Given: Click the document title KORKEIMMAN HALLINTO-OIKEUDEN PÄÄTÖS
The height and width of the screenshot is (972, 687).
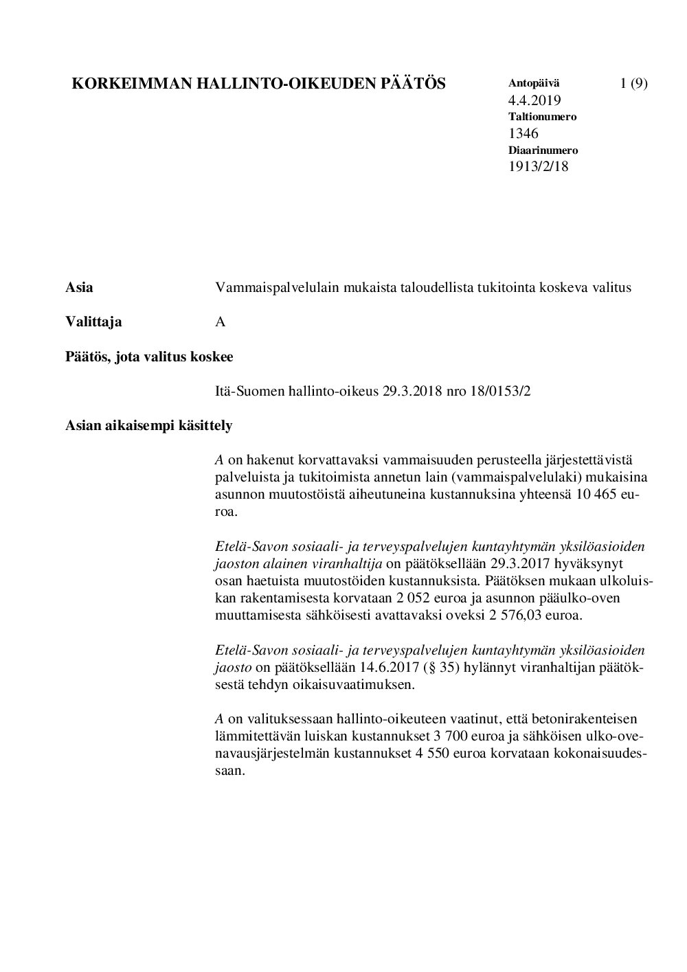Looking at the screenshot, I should tap(259, 84).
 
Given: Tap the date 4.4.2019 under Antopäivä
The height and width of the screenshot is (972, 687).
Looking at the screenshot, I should tap(534, 100).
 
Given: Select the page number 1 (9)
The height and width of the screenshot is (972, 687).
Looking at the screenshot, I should tap(633, 84).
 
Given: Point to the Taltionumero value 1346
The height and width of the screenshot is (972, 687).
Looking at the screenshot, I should tap(523, 133).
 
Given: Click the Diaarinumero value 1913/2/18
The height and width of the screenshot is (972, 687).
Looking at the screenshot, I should tap(539, 166).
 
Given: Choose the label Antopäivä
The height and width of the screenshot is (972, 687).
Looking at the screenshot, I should tap(534, 83).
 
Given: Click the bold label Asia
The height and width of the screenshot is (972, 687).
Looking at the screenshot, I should tap(79, 288).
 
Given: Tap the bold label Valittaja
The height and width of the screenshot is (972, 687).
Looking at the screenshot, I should tap(93, 322).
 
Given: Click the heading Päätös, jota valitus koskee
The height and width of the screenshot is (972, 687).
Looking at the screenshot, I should tap(149, 357).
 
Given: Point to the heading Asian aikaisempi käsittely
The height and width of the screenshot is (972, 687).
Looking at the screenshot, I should tap(149, 426).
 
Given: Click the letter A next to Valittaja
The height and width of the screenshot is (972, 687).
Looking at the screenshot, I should tap(221, 322).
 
